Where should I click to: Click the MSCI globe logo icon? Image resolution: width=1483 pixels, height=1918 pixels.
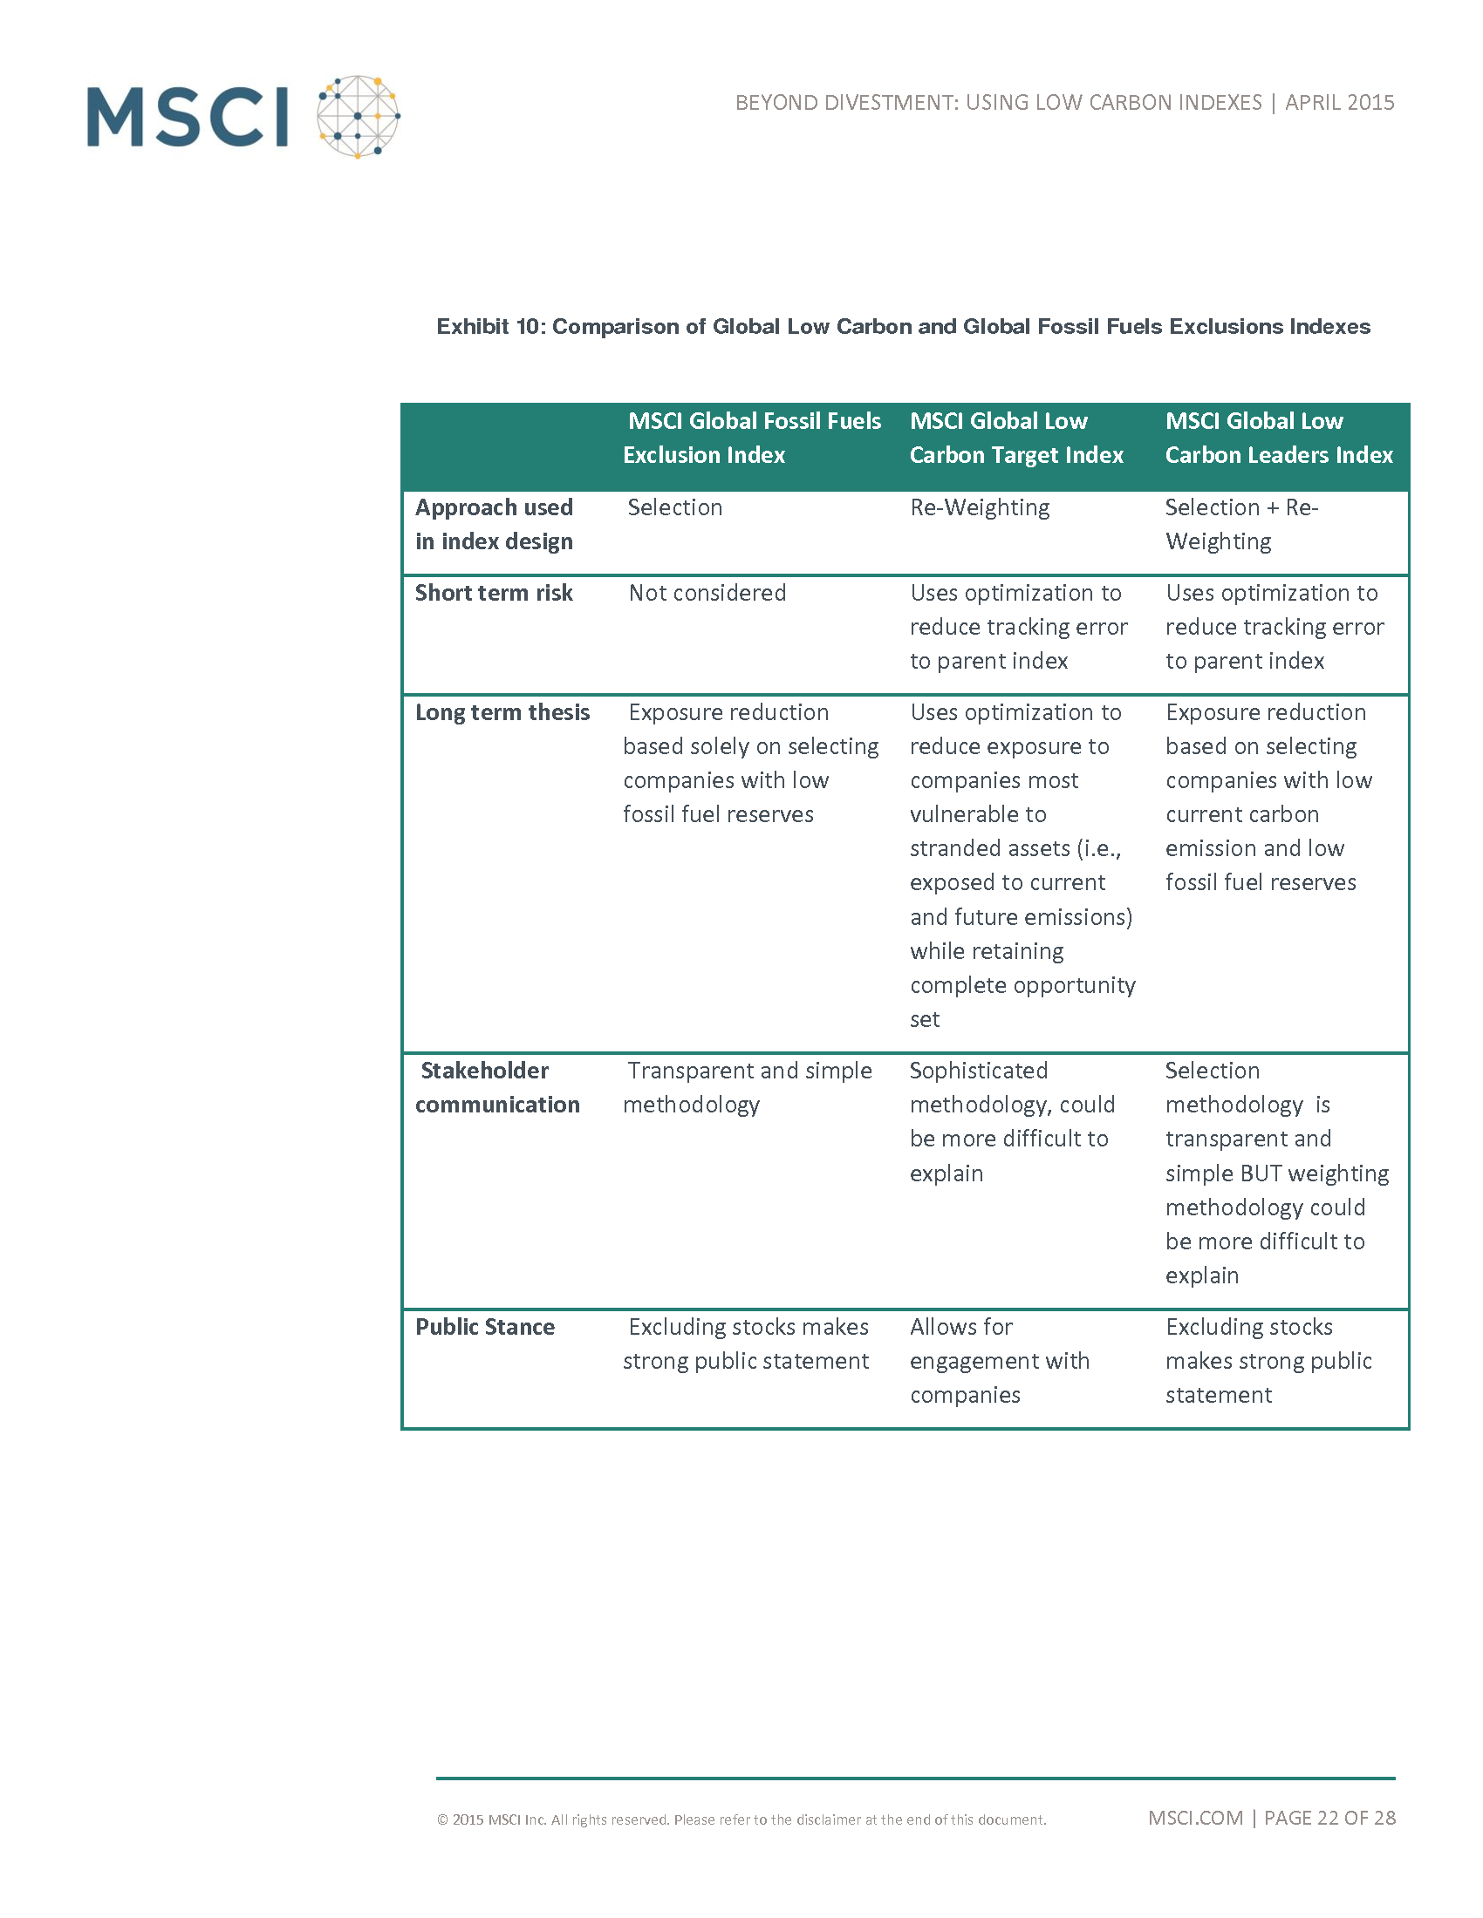click(359, 117)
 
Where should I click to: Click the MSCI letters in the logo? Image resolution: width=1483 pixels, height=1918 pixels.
click(188, 117)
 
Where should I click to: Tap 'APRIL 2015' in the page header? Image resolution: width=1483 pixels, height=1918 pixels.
click(1339, 103)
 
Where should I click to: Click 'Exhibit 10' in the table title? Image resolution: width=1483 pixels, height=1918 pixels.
click(490, 327)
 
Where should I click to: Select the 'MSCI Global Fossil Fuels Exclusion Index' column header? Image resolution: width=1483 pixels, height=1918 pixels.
click(751, 438)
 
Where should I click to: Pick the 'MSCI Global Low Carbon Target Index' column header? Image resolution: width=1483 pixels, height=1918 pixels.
click(1016, 438)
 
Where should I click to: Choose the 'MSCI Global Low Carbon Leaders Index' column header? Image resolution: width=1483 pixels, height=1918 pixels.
click(1278, 438)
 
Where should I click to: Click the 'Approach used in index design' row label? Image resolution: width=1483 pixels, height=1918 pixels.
click(494, 524)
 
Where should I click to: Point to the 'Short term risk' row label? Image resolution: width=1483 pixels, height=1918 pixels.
click(494, 593)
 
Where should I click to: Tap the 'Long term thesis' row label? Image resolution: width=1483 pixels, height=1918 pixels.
click(502, 712)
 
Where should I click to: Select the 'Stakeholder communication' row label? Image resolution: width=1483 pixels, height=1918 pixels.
click(497, 1087)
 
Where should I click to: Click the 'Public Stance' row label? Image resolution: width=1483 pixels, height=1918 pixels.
click(485, 1326)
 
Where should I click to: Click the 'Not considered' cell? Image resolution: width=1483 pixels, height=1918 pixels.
click(707, 593)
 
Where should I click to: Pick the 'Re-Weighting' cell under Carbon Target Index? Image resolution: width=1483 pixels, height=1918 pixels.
click(980, 507)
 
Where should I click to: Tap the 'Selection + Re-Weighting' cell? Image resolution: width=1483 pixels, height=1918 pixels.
click(1241, 524)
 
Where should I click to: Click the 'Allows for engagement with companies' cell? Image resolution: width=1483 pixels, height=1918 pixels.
click(999, 1360)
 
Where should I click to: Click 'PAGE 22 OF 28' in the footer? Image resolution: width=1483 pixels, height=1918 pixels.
click(1329, 1818)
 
